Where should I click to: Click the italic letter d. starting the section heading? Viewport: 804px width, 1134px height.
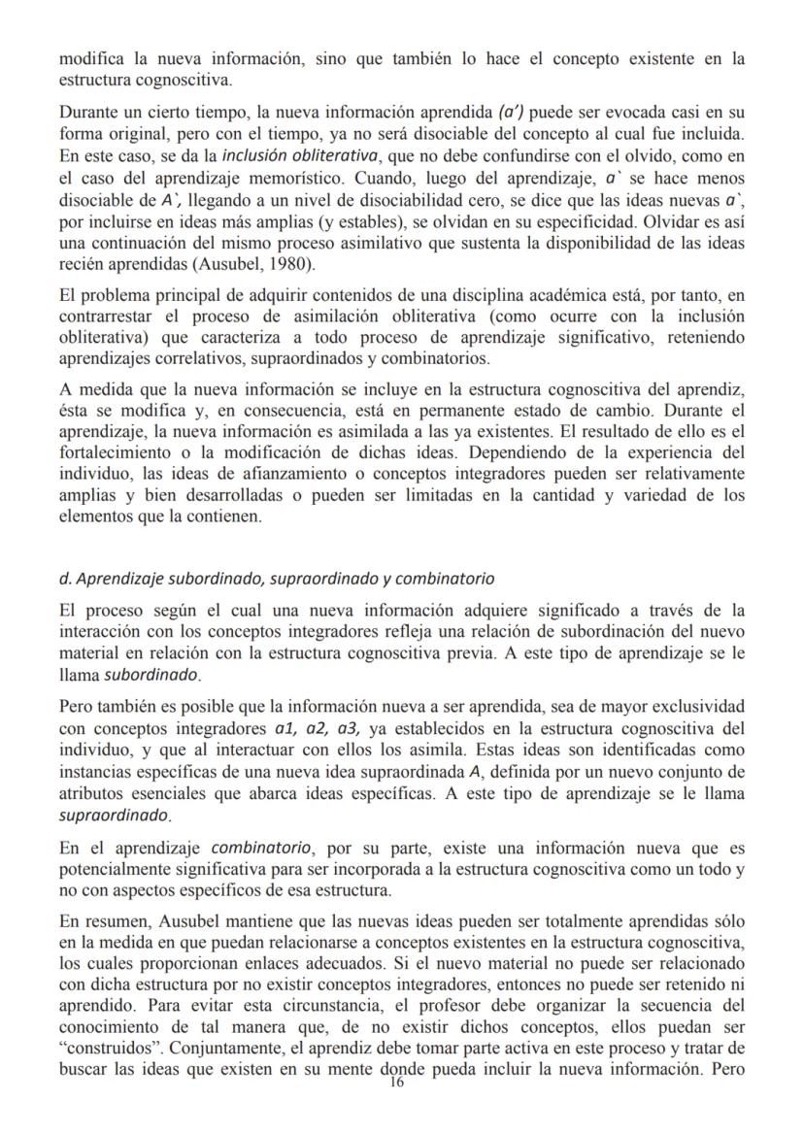[x=64, y=579]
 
